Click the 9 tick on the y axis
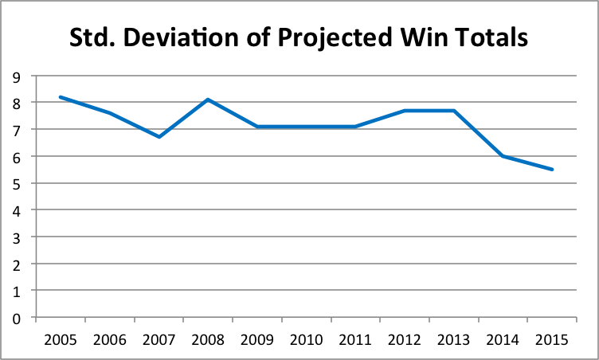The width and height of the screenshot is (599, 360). tap(17, 76)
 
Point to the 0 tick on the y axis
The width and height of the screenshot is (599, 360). tap(17, 319)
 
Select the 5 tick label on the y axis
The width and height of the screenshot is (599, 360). tap(17, 184)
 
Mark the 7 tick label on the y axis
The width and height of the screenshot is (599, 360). tap(17, 130)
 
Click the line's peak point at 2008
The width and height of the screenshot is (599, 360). tap(208, 100)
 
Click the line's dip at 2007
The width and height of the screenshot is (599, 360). tap(159, 137)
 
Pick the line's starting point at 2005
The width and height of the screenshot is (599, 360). tap(61, 97)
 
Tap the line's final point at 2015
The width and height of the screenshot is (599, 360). tap(551, 169)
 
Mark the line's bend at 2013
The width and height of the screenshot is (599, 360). tap(453, 111)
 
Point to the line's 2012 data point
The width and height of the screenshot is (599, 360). tap(405, 111)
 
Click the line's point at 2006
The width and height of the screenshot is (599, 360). tap(110, 113)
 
